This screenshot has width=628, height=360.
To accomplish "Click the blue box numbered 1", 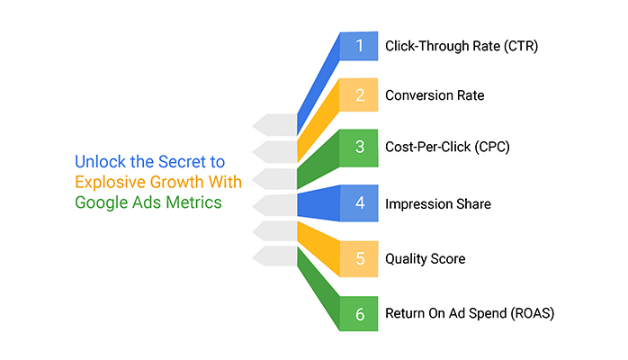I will pyautogui.click(x=360, y=46).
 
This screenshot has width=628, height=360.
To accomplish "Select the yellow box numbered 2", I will pyautogui.click(x=360, y=95).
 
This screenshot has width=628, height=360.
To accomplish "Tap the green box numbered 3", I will pyautogui.click(x=360, y=148).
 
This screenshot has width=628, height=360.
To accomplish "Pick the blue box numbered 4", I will pyautogui.click(x=360, y=202).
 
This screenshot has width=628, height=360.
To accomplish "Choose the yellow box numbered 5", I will pyautogui.click(x=360, y=259).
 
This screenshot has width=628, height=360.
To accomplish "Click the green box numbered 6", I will pyautogui.click(x=360, y=314).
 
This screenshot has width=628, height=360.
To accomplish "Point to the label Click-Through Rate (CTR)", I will pyautogui.click(x=462, y=46).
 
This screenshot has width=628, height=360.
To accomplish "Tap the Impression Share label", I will pyautogui.click(x=438, y=203).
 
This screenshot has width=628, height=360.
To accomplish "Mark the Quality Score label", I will pyautogui.click(x=426, y=259).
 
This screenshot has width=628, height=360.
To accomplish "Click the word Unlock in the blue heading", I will pyautogui.click(x=98, y=163).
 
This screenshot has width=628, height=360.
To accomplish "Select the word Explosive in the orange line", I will pyautogui.click(x=106, y=183).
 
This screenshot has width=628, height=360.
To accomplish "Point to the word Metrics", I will pyautogui.click(x=196, y=202).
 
